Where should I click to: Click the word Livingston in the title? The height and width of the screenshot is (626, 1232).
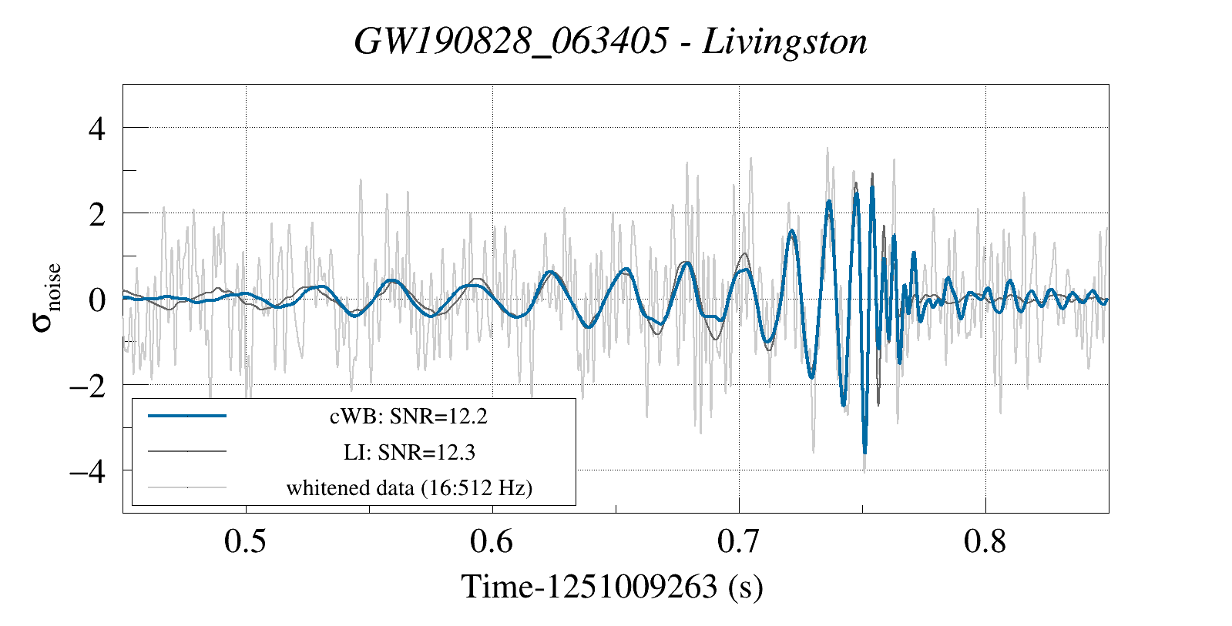784,42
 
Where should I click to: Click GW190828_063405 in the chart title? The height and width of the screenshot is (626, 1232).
511,42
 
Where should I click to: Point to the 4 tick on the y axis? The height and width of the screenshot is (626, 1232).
96,128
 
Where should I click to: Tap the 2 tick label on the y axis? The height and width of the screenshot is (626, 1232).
96,215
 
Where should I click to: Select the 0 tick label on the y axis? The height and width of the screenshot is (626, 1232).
96,300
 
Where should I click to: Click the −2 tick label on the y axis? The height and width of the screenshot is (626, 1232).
86,385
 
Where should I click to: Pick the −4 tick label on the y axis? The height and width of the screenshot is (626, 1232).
86,470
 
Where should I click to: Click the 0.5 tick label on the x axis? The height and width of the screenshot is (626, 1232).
245,541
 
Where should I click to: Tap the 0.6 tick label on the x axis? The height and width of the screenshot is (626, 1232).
492,541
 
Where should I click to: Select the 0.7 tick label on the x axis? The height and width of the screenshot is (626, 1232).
738,541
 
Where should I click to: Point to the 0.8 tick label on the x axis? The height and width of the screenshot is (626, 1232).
985,541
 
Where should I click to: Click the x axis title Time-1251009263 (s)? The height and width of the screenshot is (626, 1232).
612,587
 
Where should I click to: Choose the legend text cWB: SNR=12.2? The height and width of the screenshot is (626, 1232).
408,417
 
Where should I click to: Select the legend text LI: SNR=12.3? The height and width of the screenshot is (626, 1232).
408,452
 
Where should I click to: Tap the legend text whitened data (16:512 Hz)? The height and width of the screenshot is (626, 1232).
408,487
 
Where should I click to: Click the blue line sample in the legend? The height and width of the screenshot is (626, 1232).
187,416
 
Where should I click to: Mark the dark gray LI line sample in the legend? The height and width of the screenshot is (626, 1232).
187,451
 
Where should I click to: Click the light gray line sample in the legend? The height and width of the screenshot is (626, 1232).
187,487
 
